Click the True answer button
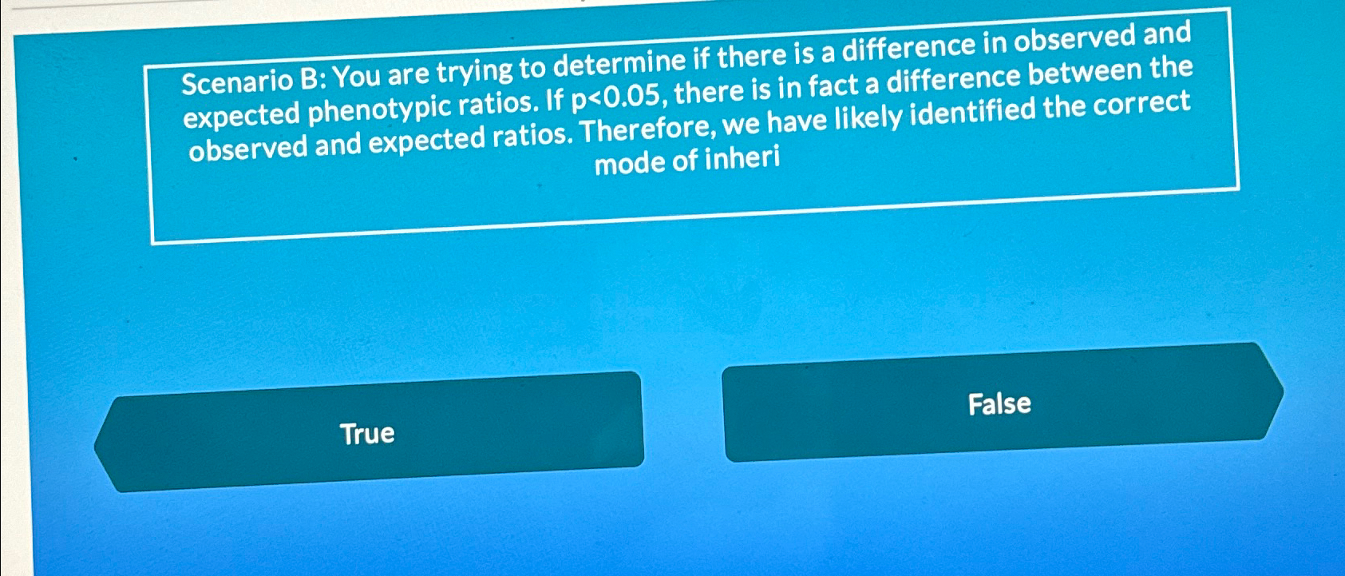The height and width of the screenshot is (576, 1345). [x=367, y=433]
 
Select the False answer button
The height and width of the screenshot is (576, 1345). [x=999, y=403]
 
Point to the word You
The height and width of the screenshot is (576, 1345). [x=357, y=77]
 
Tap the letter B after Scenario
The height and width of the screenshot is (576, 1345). [x=310, y=78]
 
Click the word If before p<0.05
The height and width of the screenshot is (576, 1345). [x=555, y=101]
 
